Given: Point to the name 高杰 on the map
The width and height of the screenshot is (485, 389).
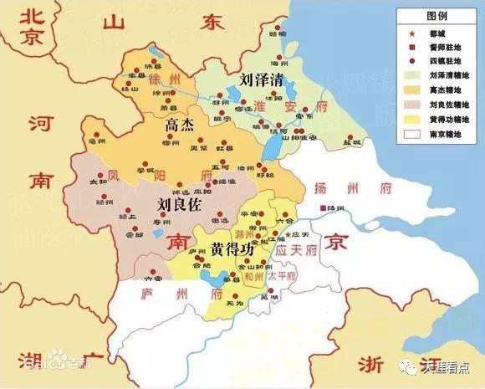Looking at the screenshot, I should [x=180, y=126].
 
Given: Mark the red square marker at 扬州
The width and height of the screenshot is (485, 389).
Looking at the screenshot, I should [x=320, y=207].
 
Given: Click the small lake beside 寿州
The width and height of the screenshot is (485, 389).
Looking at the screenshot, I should [x=157, y=225].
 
